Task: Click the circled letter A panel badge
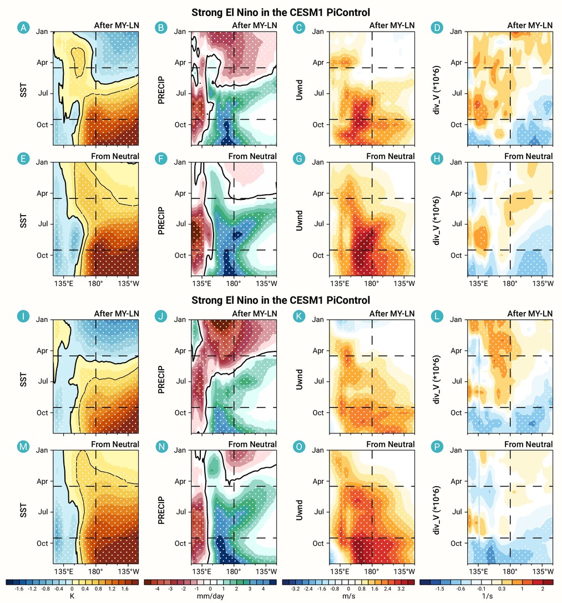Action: coord(23,28)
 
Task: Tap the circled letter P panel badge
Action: coord(437,447)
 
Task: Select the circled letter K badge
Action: coord(298,316)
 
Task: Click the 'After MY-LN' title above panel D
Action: coord(530,25)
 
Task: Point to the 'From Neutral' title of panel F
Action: coord(252,156)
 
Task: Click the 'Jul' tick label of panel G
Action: coord(318,223)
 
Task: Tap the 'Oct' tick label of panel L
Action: coord(456,412)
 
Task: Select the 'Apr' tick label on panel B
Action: coord(180,62)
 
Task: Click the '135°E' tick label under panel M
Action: coord(64,571)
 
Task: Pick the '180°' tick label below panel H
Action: coord(510,283)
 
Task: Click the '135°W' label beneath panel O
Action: coord(404,571)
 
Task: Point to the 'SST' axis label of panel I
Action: coord(23,379)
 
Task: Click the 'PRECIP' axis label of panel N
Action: coord(161,510)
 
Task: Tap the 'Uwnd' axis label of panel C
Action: coord(299,90)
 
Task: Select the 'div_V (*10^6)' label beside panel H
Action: coord(437,221)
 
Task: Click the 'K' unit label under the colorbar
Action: coord(72,596)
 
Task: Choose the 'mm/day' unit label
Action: coord(210,596)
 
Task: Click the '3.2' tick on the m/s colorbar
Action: coord(401,589)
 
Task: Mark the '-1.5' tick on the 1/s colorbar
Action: coord(439,589)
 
